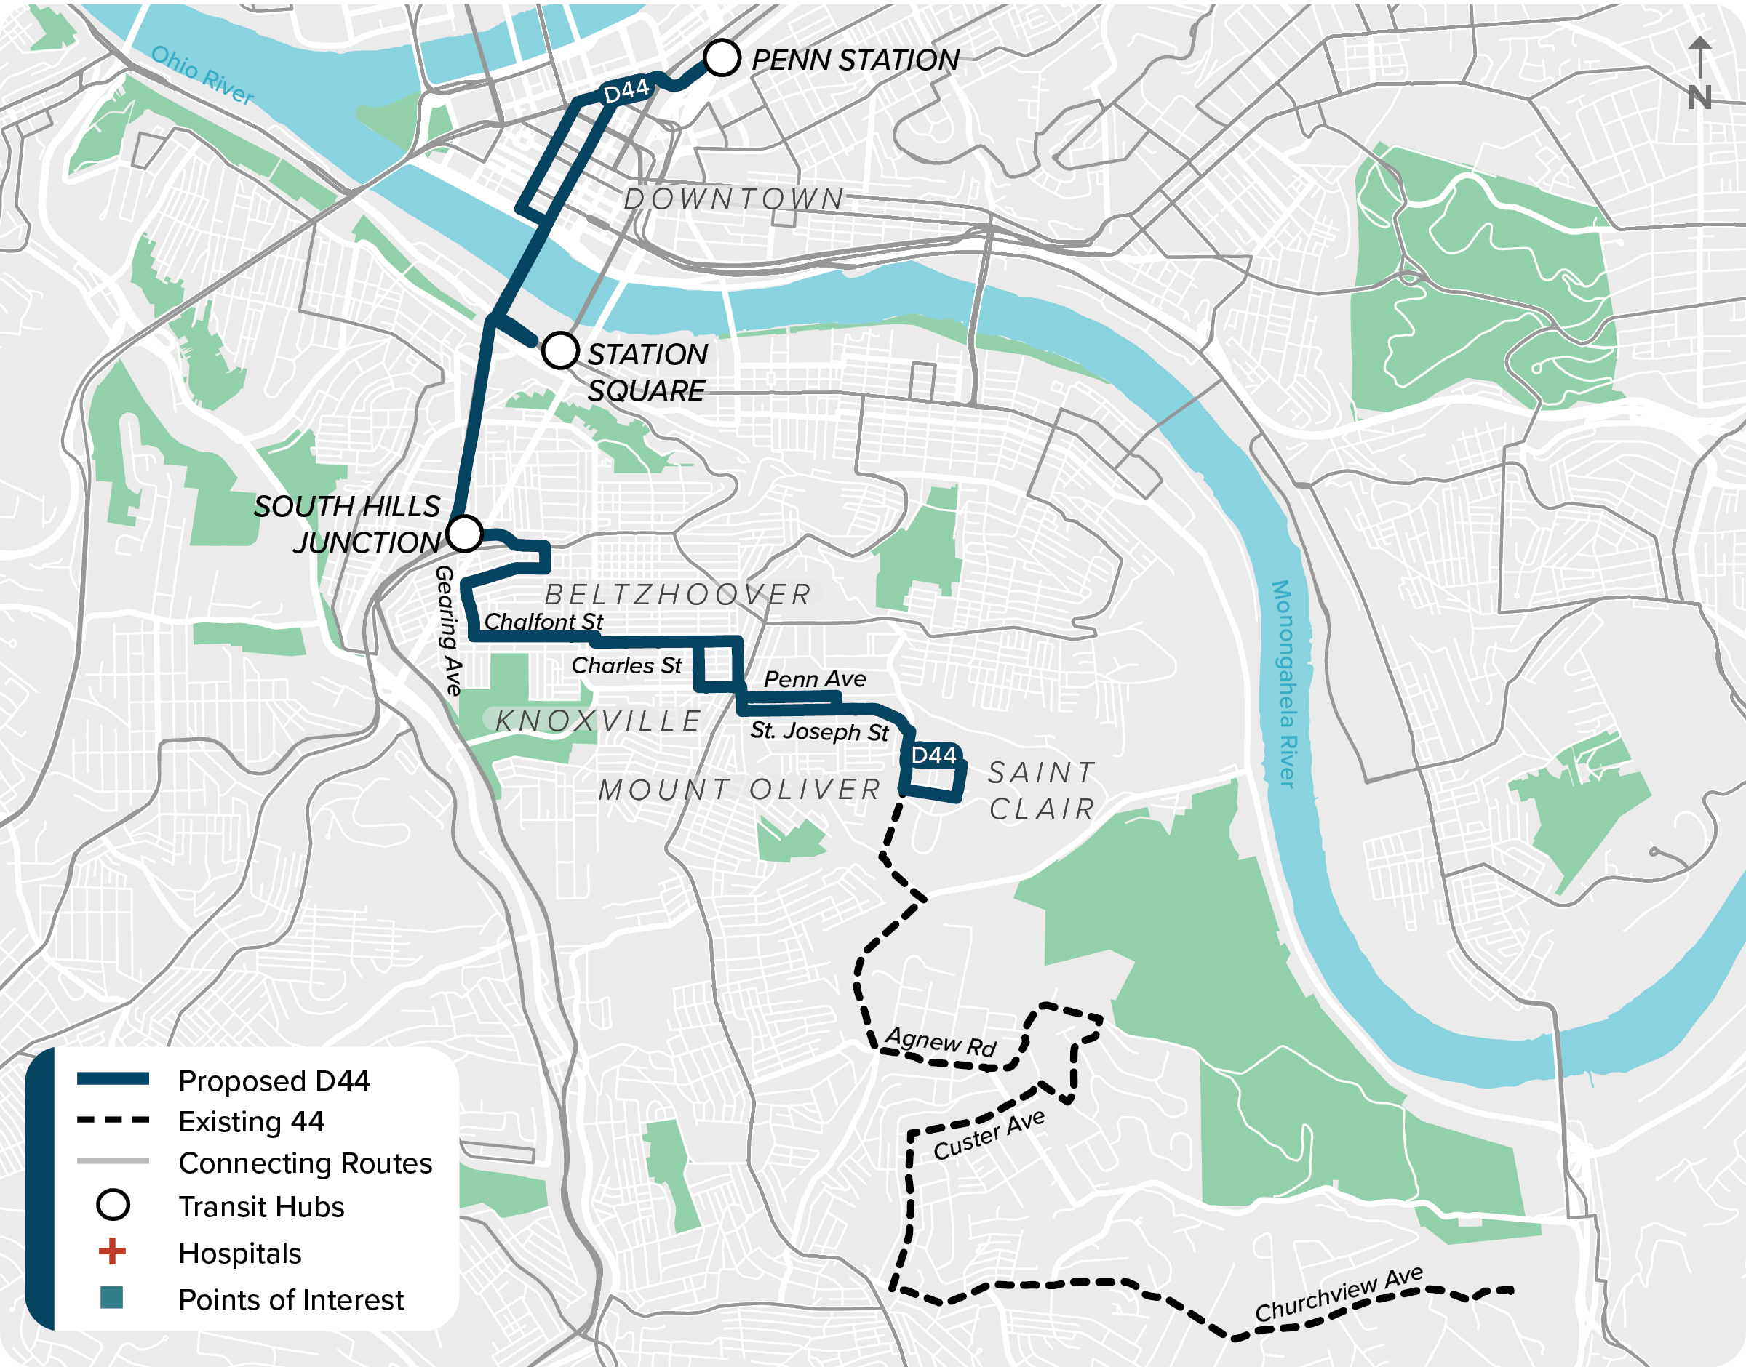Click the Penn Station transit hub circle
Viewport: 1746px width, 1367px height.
click(x=721, y=57)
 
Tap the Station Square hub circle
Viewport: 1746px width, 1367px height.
click(x=559, y=350)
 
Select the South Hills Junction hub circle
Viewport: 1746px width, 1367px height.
click(x=464, y=533)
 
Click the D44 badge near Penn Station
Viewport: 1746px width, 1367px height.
click(x=626, y=91)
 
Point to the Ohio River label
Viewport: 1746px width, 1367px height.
click(x=202, y=75)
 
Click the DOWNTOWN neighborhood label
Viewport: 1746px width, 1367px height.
click(x=734, y=199)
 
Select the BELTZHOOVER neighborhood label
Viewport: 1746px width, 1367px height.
click(x=678, y=595)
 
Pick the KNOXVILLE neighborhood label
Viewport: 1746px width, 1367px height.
click(x=599, y=721)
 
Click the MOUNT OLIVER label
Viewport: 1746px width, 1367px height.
click(x=740, y=789)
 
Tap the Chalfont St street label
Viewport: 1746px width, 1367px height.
click(x=543, y=621)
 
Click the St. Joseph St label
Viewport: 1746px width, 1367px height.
click(x=819, y=731)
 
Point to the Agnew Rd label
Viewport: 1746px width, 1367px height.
click(x=941, y=1042)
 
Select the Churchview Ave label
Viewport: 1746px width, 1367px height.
click(x=1339, y=1294)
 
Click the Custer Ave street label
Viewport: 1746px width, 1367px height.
click(x=989, y=1135)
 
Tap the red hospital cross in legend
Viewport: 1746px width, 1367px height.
click(x=112, y=1251)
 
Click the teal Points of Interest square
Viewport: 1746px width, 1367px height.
click(x=112, y=1297)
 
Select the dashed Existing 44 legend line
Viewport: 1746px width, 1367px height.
click(x=113, y=1121)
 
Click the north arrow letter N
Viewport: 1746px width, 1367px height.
click(x=1699, y=97)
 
